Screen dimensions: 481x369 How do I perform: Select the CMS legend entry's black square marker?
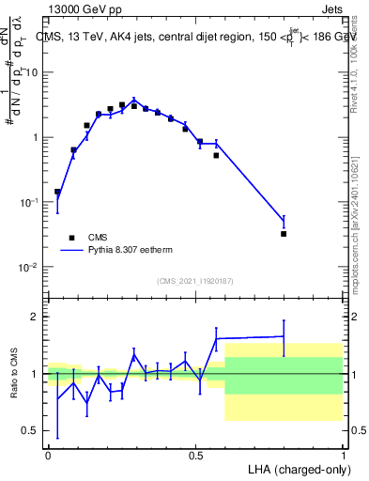[x=70, y=238]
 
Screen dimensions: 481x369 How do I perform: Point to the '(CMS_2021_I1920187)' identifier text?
[x=194, y=281]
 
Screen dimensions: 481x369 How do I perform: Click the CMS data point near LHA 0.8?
[x=284, y=234]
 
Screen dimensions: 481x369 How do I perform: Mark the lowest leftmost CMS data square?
[x=57, y=192]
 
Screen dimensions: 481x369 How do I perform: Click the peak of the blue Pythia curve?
[x=134, y=99]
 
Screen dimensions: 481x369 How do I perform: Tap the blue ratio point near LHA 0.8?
[x=284, y=335]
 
